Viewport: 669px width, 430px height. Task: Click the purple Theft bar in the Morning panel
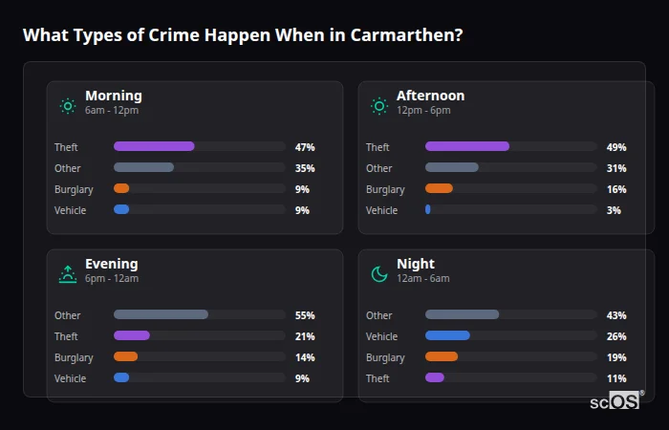154,147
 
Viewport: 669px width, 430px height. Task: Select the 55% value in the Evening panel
305,315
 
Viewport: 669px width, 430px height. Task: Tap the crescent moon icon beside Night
379,274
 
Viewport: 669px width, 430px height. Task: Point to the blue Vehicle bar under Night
447,336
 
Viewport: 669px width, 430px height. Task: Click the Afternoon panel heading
430,96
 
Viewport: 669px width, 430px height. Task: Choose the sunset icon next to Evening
68,274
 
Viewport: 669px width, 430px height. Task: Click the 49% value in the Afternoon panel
616,147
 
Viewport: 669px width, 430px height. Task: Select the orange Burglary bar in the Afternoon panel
439,189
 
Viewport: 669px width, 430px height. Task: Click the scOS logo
614,400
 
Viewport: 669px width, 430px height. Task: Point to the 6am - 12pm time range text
111,111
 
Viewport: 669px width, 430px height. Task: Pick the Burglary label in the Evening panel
74,357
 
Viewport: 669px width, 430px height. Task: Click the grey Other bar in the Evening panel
161,315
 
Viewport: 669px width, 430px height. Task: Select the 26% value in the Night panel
616,336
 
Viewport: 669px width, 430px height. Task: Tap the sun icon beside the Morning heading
68,106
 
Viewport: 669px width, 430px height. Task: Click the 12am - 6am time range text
422,279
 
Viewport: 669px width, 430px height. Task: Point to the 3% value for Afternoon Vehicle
614,210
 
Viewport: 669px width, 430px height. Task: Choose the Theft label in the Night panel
378,378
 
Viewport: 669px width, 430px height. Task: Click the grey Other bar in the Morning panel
143,168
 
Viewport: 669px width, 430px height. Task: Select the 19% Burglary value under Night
616,357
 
